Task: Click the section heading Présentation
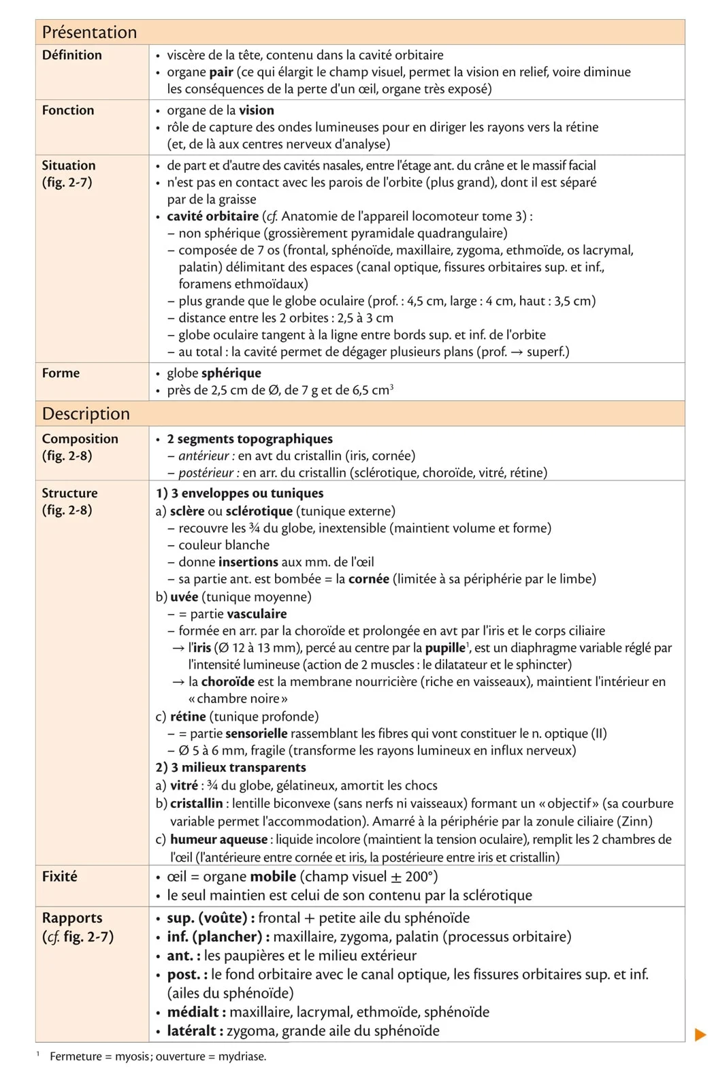coord(89,32)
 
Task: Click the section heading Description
coord(86,413)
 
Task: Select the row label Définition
coord(71,55)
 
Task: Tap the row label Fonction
coord(68,110)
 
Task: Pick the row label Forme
coord(61,373)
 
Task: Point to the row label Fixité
coord(60,876)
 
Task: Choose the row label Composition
coord(80,439)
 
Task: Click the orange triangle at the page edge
coord(700,1035)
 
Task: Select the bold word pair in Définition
coord(221,72)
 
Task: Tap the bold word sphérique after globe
coord(232,373)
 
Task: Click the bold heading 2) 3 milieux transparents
coord(231,767)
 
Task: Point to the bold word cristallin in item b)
coord(197,803)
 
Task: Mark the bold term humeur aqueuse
coord(218,839)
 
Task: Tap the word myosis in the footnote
coord(132,1056)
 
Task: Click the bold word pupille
coord(445,648)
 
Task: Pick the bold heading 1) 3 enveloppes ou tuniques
coord(240,493)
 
